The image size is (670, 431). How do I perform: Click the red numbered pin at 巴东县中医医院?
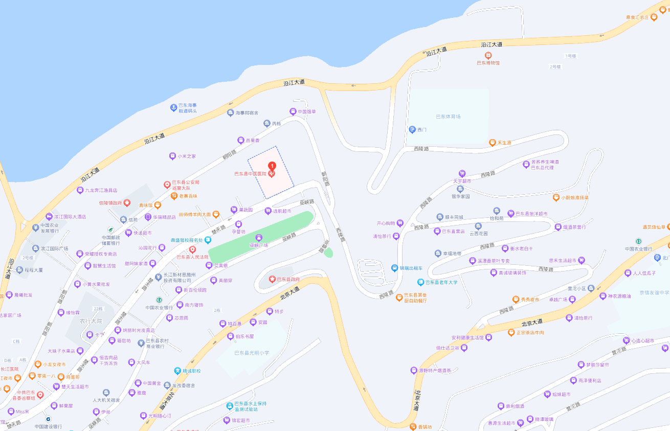click(x=272, y=166)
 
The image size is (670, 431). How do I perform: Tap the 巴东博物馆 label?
click(x=488, y=63)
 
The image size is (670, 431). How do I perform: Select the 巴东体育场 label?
click(x=448, y=117)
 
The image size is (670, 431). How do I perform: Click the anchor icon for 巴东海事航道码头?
click(x=173, y=107)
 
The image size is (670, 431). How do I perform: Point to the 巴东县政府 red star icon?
click(x=272, y=279)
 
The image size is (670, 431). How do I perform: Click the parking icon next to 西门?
click(x=412, y=129)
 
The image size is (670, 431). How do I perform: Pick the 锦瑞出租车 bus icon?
click(x=395, y=268)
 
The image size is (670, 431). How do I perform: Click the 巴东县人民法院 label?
click(x=192, y=257)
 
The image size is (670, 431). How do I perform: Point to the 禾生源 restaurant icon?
click(x=492, y=143)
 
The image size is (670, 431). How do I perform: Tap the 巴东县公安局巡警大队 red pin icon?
click(x=167, y=185)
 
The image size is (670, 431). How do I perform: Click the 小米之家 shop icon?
click(x=172, y=156)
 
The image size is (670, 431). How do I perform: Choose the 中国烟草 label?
click(x=306, y=111)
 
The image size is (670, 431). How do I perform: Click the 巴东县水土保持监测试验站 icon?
click(x=230, y=406)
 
